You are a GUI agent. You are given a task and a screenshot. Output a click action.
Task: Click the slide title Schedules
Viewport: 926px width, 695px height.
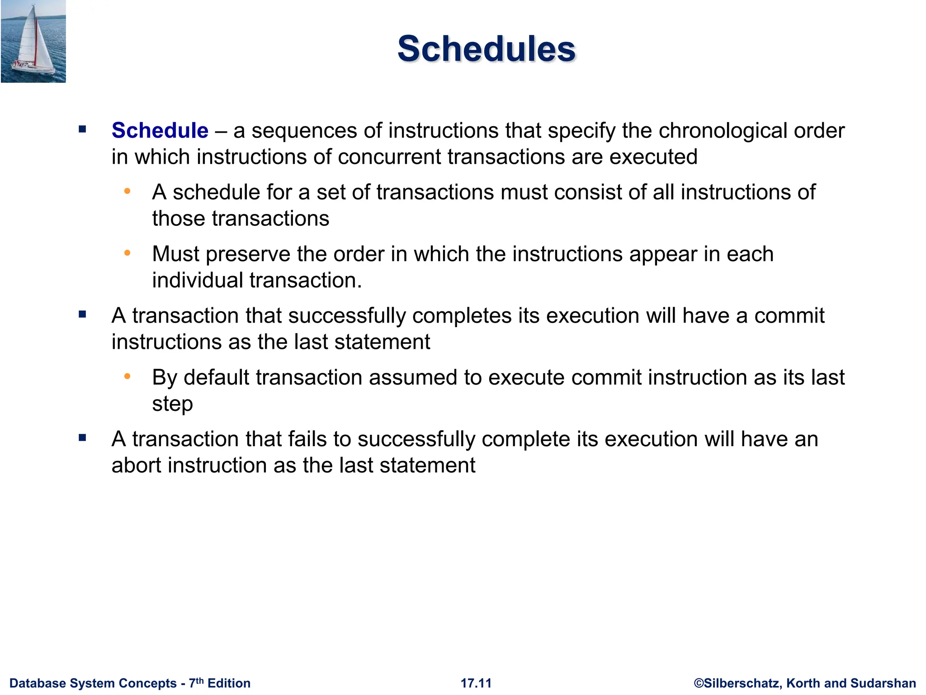[x=486, y=49]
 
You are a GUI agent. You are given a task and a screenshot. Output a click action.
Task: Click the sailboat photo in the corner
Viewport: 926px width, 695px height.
[x=33, y=42]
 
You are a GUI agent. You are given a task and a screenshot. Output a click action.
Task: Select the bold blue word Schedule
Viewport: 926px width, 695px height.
[x=160, y=131]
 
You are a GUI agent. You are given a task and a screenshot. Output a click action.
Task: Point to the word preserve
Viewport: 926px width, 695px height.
[x=247, y=254]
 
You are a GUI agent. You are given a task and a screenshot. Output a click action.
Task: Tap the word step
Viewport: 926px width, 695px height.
[x=172, y=404]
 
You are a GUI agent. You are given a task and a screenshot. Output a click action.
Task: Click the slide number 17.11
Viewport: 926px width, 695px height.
[x=476, y=683]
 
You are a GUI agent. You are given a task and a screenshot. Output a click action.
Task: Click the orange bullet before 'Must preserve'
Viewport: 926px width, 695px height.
[x=128, y=253]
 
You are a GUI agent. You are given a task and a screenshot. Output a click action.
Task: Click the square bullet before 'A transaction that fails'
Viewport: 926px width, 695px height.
[x=82, y=438]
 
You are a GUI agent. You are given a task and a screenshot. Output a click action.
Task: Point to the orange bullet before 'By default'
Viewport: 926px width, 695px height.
[x=128, y=376]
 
